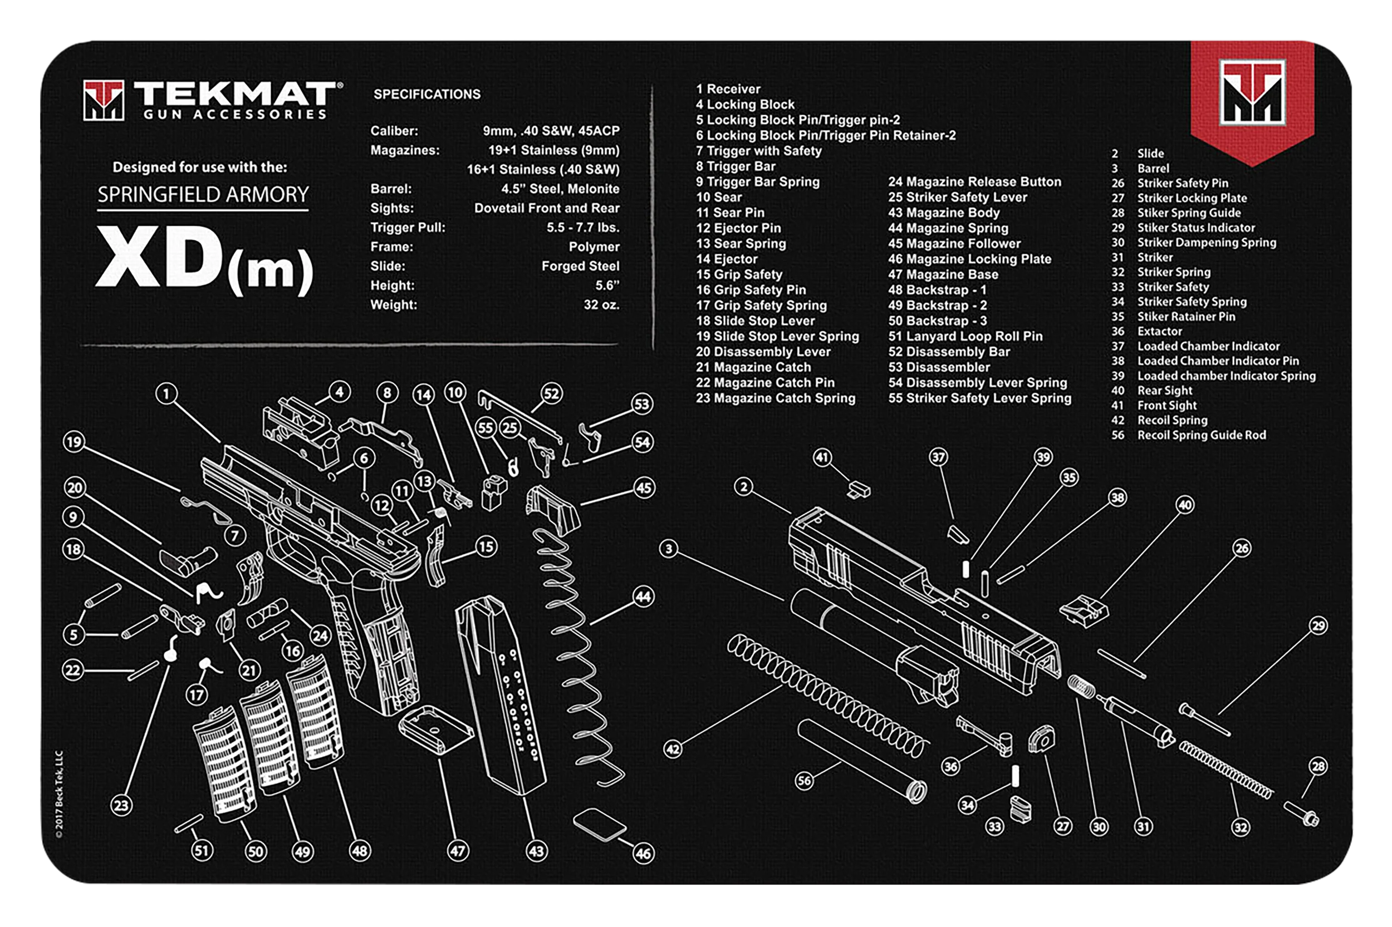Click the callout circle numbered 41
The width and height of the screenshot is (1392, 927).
pyautogui.click(x=822, y=457)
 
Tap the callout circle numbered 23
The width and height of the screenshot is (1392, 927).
pyautogui.click(x=121, y=805)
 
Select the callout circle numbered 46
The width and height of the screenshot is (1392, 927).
pyautogui.click(x=643, y=854)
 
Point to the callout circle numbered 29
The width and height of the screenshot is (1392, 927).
pyautogui.click(x=1318, y=625)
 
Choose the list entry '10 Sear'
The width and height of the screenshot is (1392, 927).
pyautogui.click(x=719, y=198)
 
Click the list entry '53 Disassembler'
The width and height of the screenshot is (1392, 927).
pyautogui.click(x=939, y=367)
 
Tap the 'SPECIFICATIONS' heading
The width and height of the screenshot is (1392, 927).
pyautogui.click(x=427, y=94)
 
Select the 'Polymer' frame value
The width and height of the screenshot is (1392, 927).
pyautogui.click(x=594, y=247)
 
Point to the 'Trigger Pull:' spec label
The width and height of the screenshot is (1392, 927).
pyautogui.click(x=408, y=228)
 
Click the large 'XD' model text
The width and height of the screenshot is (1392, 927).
pyautogui.click(x=160, y=257)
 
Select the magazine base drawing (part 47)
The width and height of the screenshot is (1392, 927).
pyautogui.click(x=436, y=729)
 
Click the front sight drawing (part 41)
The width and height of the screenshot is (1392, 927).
pyautogui.click(x=859, y=490)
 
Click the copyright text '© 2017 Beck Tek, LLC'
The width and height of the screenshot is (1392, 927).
pyautogui.click(x=59, y=794)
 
